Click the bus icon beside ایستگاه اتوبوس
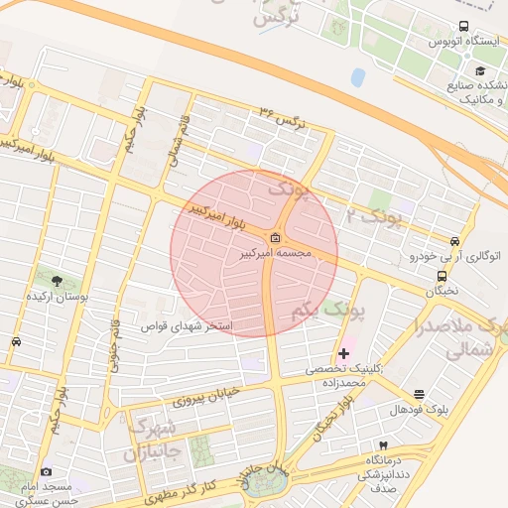(x=463, y=28)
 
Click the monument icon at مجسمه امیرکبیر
(x=275, y=239)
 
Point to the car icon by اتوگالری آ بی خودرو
(x=454, y=241)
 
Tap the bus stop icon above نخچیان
(x=442, y=277)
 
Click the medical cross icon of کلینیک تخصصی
(x=344, y=353)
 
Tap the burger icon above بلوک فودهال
(x=418, y=394)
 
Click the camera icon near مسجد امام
(x=46, y=471)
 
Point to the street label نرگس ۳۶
(x=281, y=116)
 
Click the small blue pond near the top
(x=357, y=75)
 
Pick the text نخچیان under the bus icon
(x=443, y=293)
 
